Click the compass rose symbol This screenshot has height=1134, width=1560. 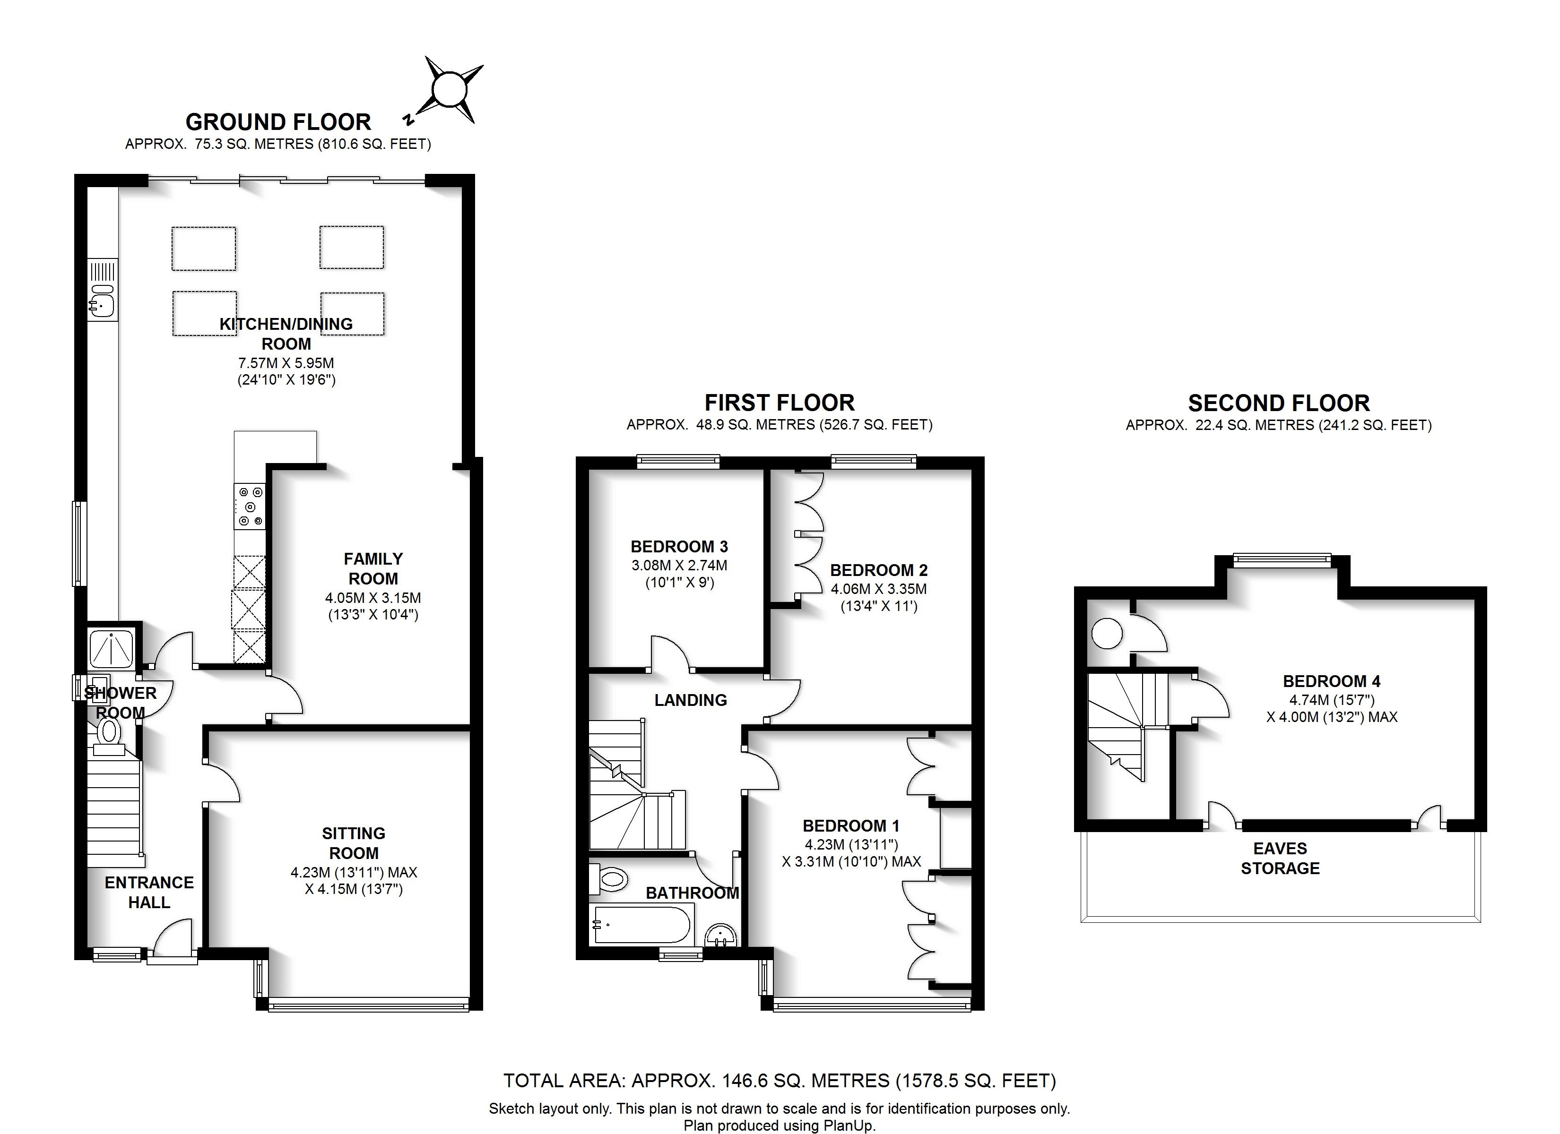449,90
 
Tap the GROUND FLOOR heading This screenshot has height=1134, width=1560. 278,122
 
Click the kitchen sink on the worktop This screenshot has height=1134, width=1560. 102,301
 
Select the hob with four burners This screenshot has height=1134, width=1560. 249,507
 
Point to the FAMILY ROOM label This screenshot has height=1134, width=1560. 373,569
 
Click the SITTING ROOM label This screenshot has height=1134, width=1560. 354,843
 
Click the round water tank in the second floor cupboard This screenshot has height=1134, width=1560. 1107,633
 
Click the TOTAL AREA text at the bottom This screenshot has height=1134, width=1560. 780,1080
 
